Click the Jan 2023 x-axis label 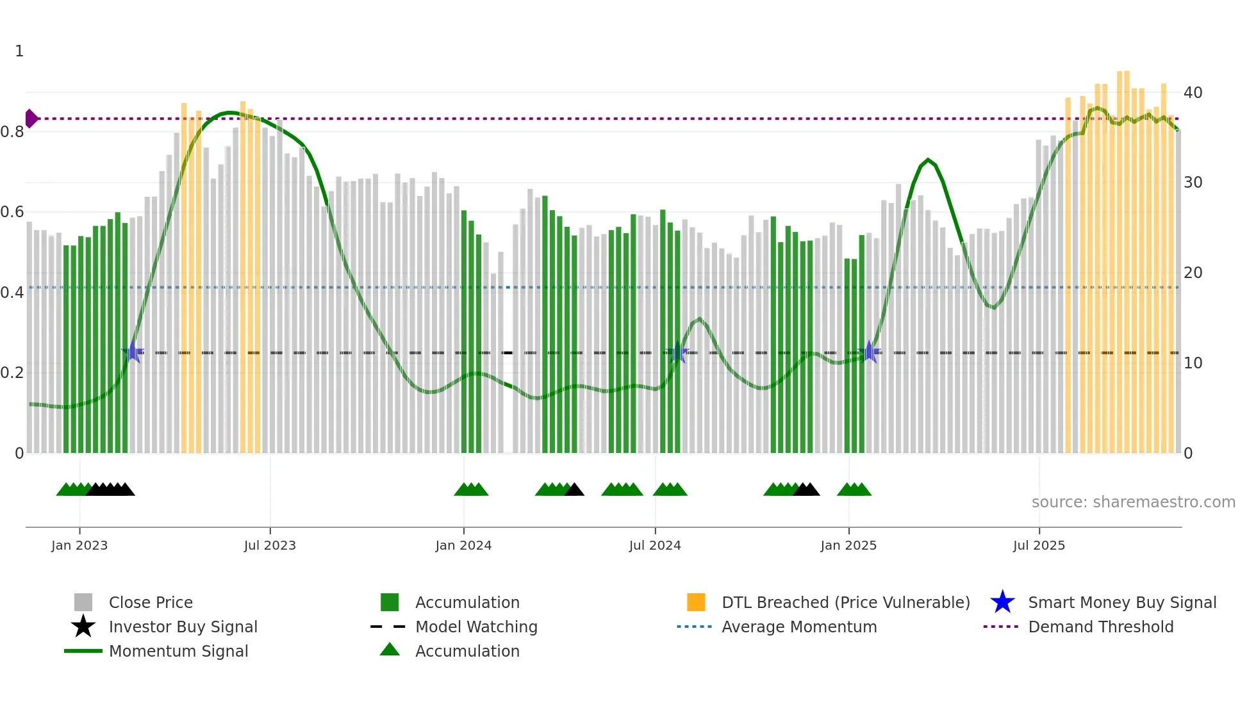tap(79, 545)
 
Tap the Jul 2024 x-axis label tap(654, 545)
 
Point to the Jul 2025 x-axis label tap(1039, 545)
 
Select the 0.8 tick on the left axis tap(12, 132)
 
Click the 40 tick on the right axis tap(1193, 93)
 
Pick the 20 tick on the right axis tap(1193, 273)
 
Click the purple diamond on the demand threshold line tap(31, 119)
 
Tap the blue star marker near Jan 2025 tap(869, 352)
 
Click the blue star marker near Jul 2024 tap(677, 352)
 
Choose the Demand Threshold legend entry tap(1100, 627)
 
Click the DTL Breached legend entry tap(845, 602)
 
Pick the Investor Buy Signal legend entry tap(183, 627)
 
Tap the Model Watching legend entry tap(475, 627)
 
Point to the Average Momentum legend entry tap(798, 627)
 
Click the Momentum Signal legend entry tap(178, 651)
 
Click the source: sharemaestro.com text tap(1133, 502)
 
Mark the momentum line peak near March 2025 tap(927, 160)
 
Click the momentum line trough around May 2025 tap(993, 308)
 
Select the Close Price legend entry tap(150, 602)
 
